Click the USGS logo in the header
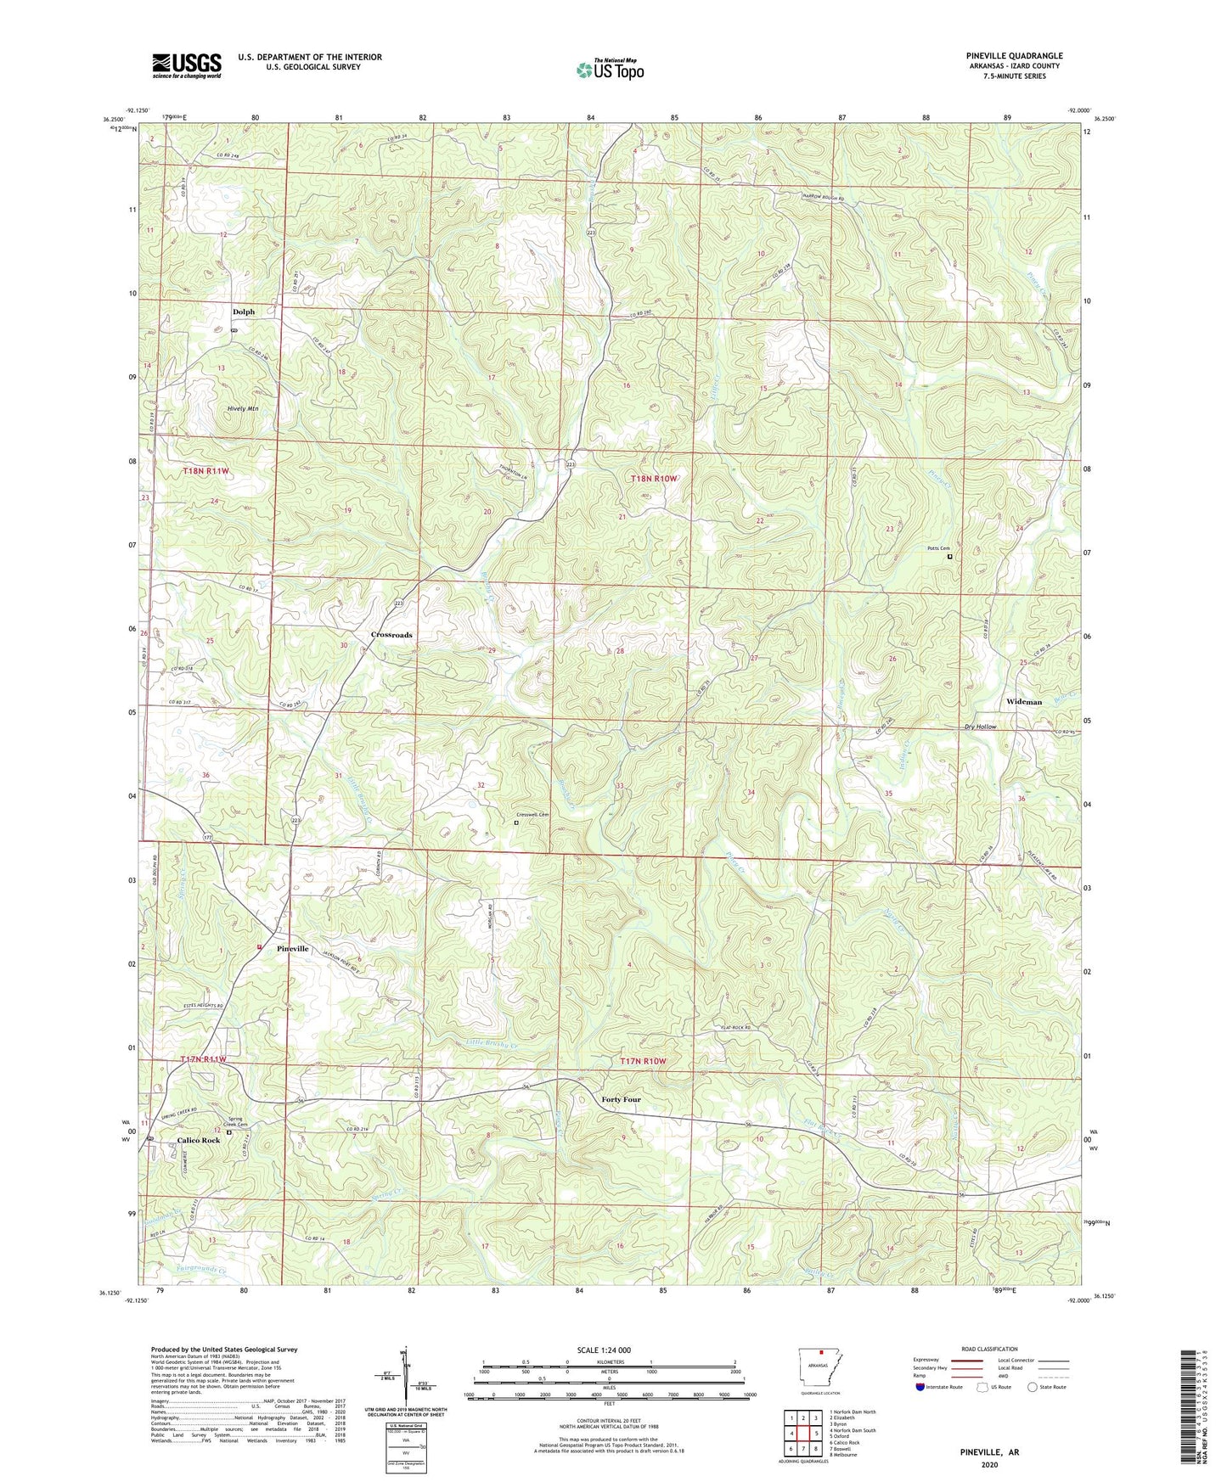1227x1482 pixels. pos(186,65)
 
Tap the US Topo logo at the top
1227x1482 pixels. pos(610,70)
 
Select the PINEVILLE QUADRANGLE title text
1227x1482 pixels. pos(1014,56)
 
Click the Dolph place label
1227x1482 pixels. pos(244,312)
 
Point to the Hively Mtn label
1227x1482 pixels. pos(243,408)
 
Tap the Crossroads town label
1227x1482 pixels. pos(391,635)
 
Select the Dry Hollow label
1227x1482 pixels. pos(980,727)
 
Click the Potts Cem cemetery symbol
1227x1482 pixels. pos(950,557)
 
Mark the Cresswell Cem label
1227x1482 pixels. pos(532,815)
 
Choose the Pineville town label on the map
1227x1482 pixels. pos(293,948)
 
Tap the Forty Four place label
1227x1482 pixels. pos(621,1099)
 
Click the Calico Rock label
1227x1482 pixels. pos(198,1140)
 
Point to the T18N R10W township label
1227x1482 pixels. pos(654,479)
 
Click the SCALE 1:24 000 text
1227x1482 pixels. pos(604,1350)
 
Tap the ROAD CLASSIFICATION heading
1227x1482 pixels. pos(989,1349)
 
